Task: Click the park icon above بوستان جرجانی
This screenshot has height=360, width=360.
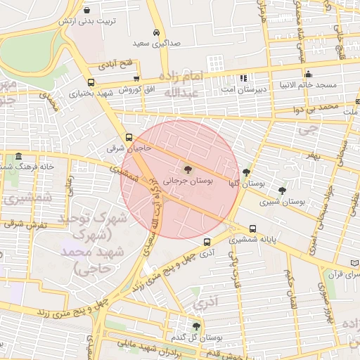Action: (x=188, y=169)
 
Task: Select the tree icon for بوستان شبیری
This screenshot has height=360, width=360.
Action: (x=282, y=190)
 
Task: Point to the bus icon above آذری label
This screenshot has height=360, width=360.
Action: (x=207, y=241)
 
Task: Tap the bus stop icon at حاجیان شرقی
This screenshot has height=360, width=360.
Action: (x=129, y=138)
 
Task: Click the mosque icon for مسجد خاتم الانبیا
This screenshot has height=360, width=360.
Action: (x=307, y=75)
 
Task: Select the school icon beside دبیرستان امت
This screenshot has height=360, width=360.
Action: (x=243, y=78)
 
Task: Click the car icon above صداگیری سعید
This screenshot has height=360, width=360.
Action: (x=156, y=32)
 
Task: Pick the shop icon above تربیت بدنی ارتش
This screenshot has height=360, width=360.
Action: (x=86, y=11)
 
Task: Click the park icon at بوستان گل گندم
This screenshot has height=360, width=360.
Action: (x=195, y=326)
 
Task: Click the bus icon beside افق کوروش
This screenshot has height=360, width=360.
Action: (x=136, y=79)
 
